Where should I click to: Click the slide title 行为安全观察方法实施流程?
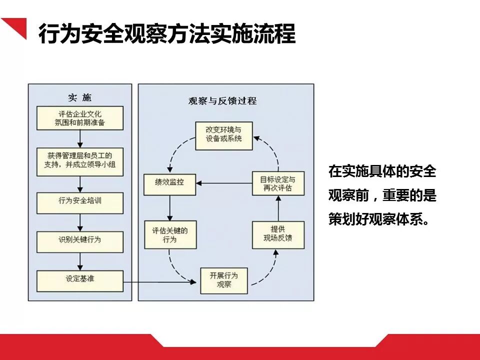pyautogui.click(x=167, y=34)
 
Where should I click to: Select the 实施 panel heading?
pyautogui.click(x=80, y=97)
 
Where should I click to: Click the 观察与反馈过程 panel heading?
pyautogui.click(x=222, y=100)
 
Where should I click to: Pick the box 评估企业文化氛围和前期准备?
pyautogui.click(x=80, y=118)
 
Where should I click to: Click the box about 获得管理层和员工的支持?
pyautogui.click(x=80, y=161)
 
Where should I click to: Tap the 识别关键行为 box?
pyautogui.click(x=80, y=239)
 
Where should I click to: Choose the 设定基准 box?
pyautogui.click(x=80, y=278)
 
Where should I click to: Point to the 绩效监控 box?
pyautogui.click(x=169, y=182)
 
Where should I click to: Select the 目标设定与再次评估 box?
pyautogui.click(x=277, y=183)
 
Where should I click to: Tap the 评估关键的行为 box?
pyautogui.click(x=169, y=235)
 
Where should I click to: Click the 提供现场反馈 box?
pyautogui.click(x=277, y=234)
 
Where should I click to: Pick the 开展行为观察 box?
pyautogui.click(x=223, y=280)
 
